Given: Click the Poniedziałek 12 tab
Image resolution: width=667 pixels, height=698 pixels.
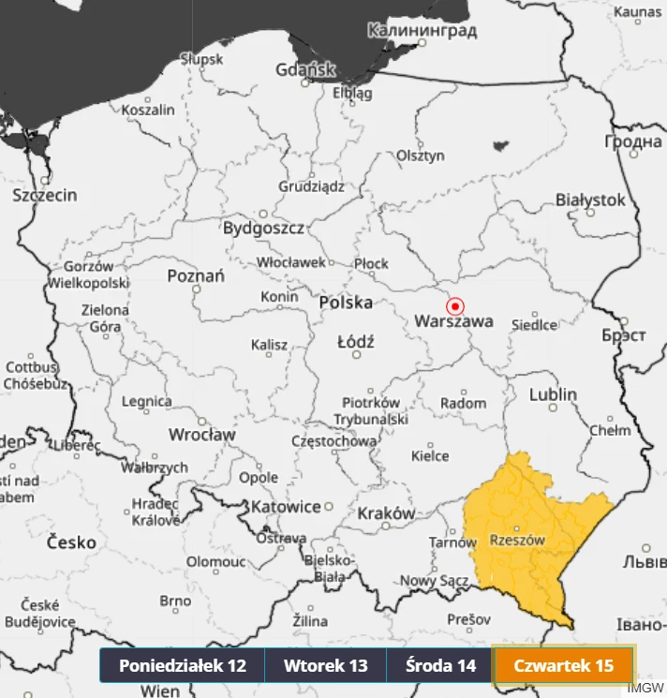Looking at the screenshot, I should click(183, 665).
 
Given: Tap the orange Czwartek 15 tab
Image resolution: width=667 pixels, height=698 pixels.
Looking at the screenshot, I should click(564, 665).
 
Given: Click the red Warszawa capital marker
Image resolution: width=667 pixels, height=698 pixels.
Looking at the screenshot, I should click(455, 305).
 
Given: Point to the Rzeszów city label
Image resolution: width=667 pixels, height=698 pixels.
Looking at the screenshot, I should click(517, 540).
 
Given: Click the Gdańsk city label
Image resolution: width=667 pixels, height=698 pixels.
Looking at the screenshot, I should click(305, 69).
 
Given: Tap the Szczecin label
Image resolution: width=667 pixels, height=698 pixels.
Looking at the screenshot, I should click(45, 195).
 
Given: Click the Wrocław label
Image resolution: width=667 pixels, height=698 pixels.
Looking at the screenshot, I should click(201, 435).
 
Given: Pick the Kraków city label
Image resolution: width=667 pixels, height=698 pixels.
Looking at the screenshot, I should click(385, 512).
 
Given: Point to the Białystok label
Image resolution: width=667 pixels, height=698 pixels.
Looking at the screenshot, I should click(590, 200).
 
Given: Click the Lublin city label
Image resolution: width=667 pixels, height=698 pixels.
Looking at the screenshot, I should click(553, 394).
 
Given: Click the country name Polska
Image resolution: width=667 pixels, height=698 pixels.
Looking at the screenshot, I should click(346, 303).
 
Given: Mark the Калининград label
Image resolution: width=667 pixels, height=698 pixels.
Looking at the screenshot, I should click(422, 31).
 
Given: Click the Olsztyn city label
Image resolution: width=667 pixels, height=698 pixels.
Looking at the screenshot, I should click(421, 156).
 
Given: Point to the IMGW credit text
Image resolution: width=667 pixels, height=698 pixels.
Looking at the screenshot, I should click(645, 688).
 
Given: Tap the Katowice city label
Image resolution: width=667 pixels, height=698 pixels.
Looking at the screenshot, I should click(286, 507).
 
